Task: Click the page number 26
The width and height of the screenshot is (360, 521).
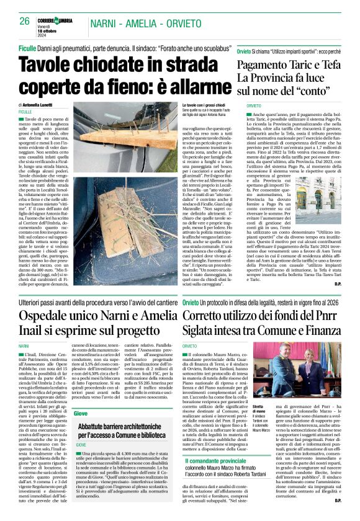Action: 25,20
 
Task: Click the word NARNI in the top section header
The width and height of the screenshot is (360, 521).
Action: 106,23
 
